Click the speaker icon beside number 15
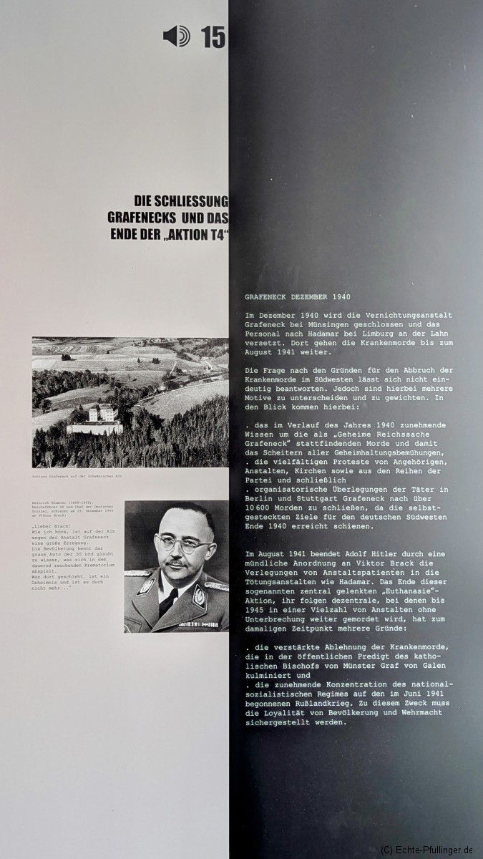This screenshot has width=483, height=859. [x=176, y=36]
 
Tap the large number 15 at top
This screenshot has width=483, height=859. [x=213, y=37]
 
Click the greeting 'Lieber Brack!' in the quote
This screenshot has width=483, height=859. [x=54, y=526]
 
